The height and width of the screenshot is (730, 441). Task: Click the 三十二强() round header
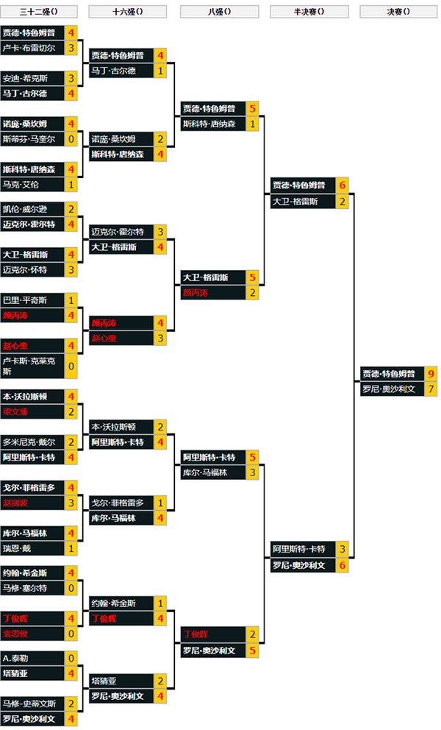tap(39, 11)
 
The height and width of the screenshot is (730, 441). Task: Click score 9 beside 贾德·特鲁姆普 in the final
tap(431, 374)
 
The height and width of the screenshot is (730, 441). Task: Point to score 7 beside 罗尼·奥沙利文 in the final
tap(431, 389)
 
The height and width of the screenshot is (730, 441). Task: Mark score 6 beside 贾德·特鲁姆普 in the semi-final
tap(342, 185)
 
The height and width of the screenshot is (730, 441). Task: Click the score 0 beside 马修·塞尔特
tap(71, 588)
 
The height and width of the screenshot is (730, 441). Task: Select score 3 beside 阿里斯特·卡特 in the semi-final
tap(342, 549)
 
